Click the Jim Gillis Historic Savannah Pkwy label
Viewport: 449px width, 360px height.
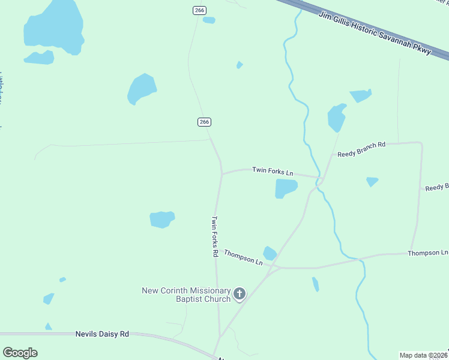tap(375, 33)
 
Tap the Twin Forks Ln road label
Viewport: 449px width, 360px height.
tap(273, 171)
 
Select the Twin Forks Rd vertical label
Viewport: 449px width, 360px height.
tap(214, 236)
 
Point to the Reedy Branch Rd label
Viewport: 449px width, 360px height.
tap(361, 149)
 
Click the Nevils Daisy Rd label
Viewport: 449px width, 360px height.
tap(102, 334)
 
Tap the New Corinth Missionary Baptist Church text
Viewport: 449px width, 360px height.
tap(186, 295)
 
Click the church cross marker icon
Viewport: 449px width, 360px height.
tap(240, 294)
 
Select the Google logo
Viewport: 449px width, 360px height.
tap(20, 353)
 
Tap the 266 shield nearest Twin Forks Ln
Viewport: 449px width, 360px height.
tap(204, 122)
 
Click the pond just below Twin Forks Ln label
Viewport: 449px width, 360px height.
tap(285, 188)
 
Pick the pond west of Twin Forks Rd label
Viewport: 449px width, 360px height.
tap(162, 219)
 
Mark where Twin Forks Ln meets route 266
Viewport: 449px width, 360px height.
tap(222, 174)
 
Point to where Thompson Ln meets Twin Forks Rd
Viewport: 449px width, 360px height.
tap(217, 250)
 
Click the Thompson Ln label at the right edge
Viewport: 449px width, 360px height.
tap(427, 253)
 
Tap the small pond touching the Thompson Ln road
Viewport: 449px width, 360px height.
tap(270, 253)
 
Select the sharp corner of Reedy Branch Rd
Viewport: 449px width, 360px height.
tap(420, 143)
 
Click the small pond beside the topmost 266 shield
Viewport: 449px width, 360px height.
tap(209, 20)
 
